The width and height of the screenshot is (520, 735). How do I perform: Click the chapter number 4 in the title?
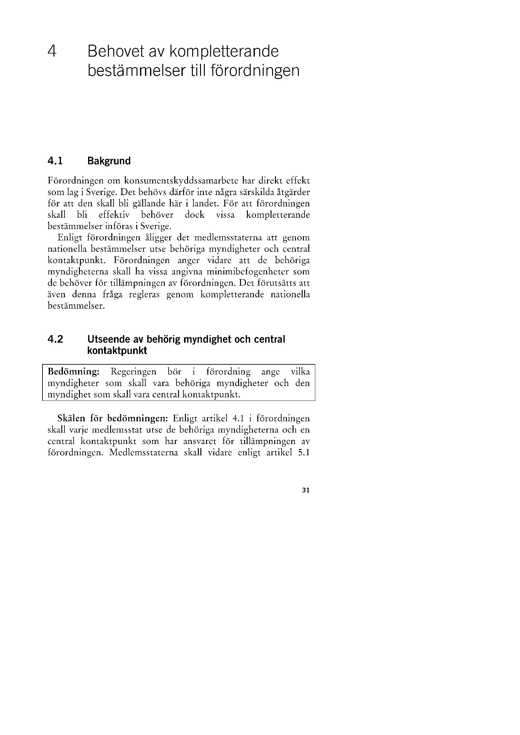click(x=52, y=51)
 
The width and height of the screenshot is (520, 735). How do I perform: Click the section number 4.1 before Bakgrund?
click(x=55, y=161)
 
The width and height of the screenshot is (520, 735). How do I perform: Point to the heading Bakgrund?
click(x=109, y=161)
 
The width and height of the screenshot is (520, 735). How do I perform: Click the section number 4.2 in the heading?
click(x=55, y=339)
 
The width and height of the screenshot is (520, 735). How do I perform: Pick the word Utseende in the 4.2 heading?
click(x=106, y=339)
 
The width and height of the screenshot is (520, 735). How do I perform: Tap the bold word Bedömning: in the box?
click(x=74, y=372)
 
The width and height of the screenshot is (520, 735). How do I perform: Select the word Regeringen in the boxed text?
click(x=133, y=372)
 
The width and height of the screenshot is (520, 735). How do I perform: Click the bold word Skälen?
click(x=72, y=418)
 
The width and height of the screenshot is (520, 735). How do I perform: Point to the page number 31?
click(x=305, y=490)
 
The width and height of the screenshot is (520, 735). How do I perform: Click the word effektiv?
click(x=114, y=215)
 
